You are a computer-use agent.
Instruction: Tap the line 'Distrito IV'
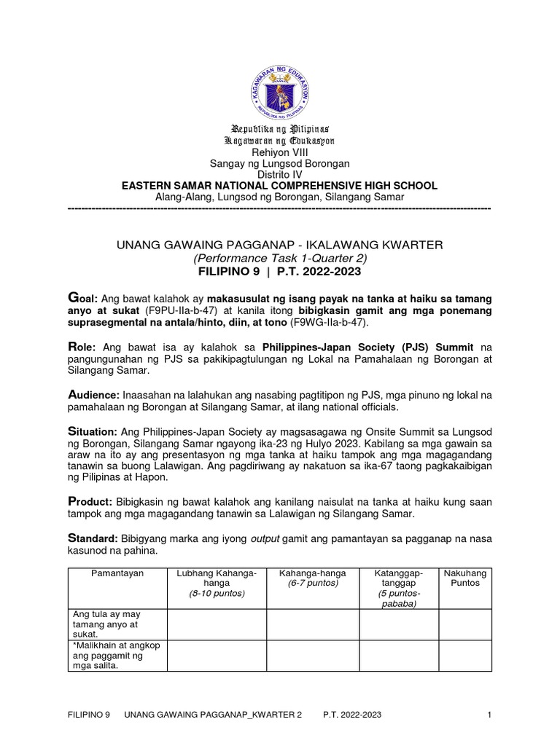pos(279,175)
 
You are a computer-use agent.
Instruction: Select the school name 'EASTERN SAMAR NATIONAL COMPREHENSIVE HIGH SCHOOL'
pos(279,186)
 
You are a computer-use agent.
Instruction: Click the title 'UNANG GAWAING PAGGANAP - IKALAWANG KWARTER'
pos(279,245)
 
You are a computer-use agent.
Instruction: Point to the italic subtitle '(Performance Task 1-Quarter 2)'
pos(279,258)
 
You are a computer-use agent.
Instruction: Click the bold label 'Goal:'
pos(82,298)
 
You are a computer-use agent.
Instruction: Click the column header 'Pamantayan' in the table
pos(117,573)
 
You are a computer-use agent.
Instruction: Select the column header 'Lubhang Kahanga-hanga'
pos(217,578)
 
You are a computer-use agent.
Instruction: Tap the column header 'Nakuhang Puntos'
pos(464,578)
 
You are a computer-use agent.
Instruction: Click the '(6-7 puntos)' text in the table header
pos(312,584)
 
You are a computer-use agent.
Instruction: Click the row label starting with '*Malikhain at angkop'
pos(115,655)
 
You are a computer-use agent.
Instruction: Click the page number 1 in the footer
pos(489,715)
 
